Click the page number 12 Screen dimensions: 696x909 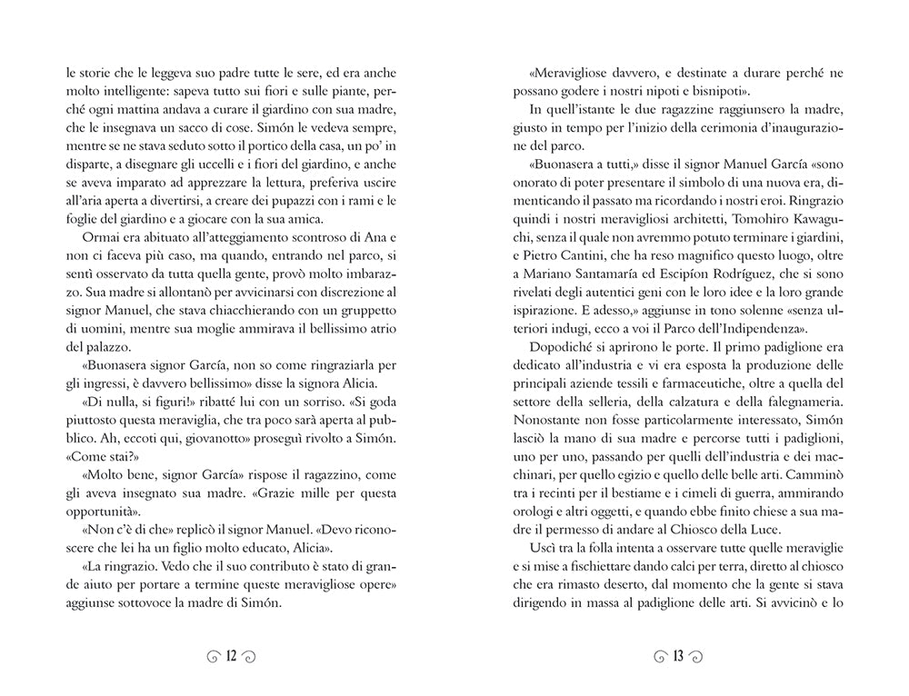coord(230,655)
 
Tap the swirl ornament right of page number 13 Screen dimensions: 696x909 coord(697,655)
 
